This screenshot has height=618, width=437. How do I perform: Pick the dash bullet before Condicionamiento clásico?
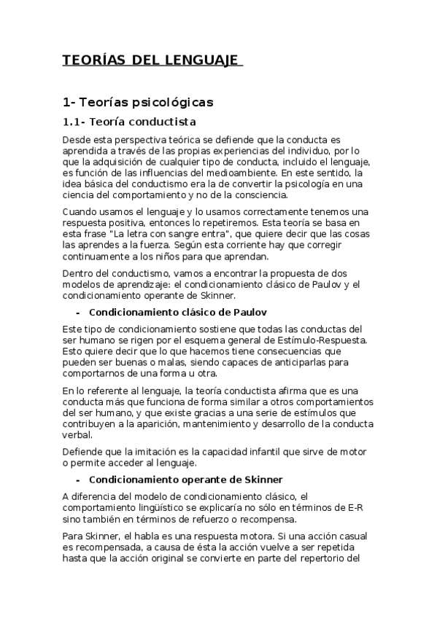click(x=78, y=311)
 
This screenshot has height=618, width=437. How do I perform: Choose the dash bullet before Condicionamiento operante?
click(x=78, y=479)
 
